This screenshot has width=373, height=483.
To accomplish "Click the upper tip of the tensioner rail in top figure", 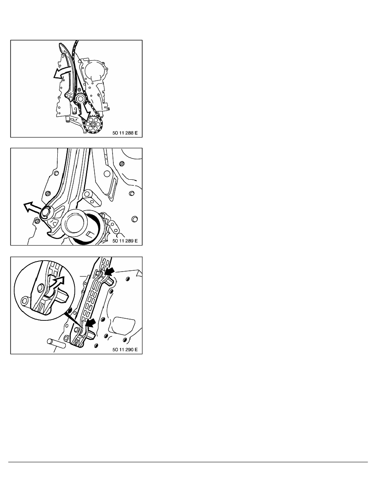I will click(61, 46).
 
